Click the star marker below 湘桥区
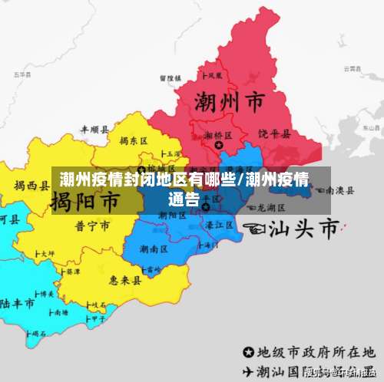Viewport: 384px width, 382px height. click(219, 144)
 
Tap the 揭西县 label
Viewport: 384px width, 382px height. click(31, 185)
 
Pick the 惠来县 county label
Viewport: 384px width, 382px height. click(125, 281)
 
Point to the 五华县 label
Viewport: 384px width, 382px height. click(21, 74)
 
